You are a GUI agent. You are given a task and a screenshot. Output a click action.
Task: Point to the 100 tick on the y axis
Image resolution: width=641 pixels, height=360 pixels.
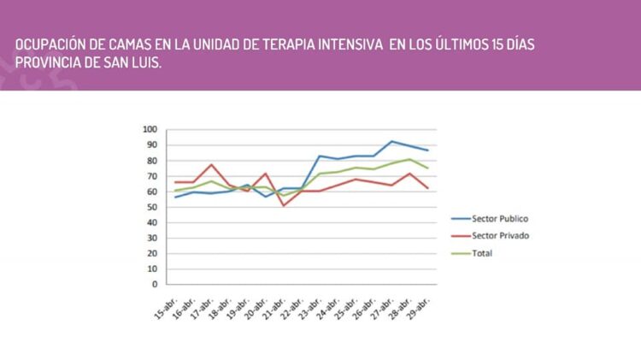click(x=150, y=129)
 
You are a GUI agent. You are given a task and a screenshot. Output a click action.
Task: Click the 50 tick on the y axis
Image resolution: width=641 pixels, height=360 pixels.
click(x=153, y=207)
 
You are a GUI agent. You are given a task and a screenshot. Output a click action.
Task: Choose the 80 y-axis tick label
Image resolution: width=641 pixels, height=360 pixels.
click(x=153, y=160)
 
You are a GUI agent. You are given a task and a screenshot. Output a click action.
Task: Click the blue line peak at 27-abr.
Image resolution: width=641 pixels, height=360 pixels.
click(x=391, y=141)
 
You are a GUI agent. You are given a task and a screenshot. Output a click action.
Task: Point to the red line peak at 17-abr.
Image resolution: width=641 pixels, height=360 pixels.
click(x=212, y=164)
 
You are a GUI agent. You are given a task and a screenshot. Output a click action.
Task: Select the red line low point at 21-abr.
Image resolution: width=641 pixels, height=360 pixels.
click(x=284, y=205)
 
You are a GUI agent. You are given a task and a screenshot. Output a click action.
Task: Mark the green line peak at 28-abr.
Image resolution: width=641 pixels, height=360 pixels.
click(x=409, y=159)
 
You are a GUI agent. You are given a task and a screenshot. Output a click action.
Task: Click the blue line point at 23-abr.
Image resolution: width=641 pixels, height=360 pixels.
click(x=320, y=156)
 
